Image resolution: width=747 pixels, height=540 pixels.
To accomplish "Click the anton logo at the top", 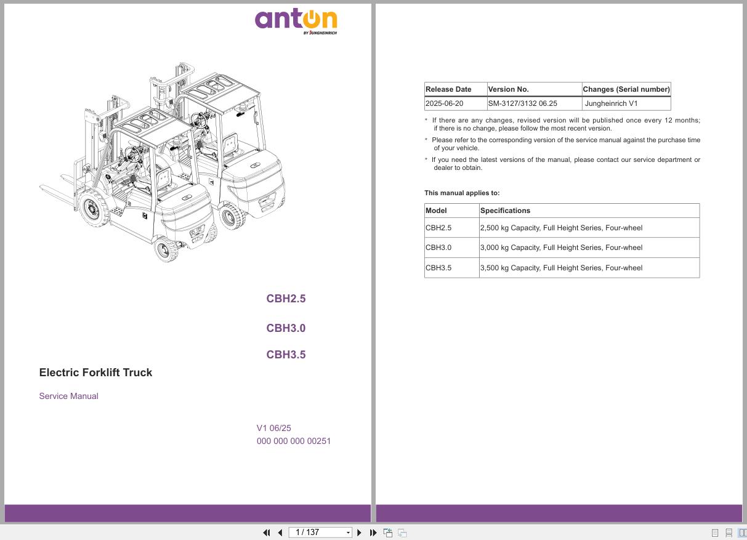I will (296, 20).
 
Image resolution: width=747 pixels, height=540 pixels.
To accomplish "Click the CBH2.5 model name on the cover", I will (286, 299).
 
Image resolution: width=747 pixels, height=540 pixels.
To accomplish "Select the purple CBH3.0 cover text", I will (286, 328).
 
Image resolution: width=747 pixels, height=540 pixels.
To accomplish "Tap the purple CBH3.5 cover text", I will (286, 355).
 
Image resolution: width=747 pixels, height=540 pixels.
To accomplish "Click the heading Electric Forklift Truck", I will (95, 373).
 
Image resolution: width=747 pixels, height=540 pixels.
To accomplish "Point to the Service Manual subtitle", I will (68, 396).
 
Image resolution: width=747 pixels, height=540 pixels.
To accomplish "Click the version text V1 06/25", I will (274, 428).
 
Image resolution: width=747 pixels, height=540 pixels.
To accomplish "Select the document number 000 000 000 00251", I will (294, 441).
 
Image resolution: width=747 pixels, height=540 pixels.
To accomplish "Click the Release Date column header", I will (448, 89).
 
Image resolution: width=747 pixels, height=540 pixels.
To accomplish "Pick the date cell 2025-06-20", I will (445, 103).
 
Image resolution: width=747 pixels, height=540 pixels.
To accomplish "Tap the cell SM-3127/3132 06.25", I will (522, 103).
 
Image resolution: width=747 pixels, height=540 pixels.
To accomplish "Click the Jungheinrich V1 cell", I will (612, 103).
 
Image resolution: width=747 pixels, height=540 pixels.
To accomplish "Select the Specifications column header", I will (505, 211).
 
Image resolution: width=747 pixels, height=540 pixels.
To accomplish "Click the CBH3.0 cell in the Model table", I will (438, 248).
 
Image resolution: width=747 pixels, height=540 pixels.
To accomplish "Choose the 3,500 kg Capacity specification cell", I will (561, 268).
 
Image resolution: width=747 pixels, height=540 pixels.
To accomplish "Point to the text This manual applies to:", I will (462, 193).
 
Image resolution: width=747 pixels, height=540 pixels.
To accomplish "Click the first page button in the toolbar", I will (267, 533).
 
